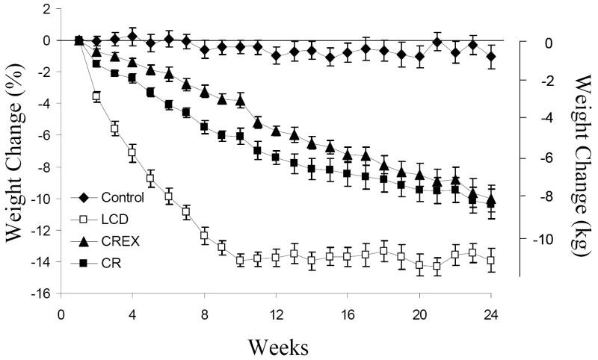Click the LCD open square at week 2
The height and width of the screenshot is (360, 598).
tap(96, 96)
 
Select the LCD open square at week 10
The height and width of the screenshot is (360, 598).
tap(240, 260)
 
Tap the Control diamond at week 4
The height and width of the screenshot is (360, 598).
tap(132, 36)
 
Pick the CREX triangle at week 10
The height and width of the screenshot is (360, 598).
tap(240, 99)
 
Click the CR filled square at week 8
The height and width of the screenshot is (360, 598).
tap(204, 128)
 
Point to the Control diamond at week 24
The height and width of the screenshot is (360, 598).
tap(491, 56)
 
